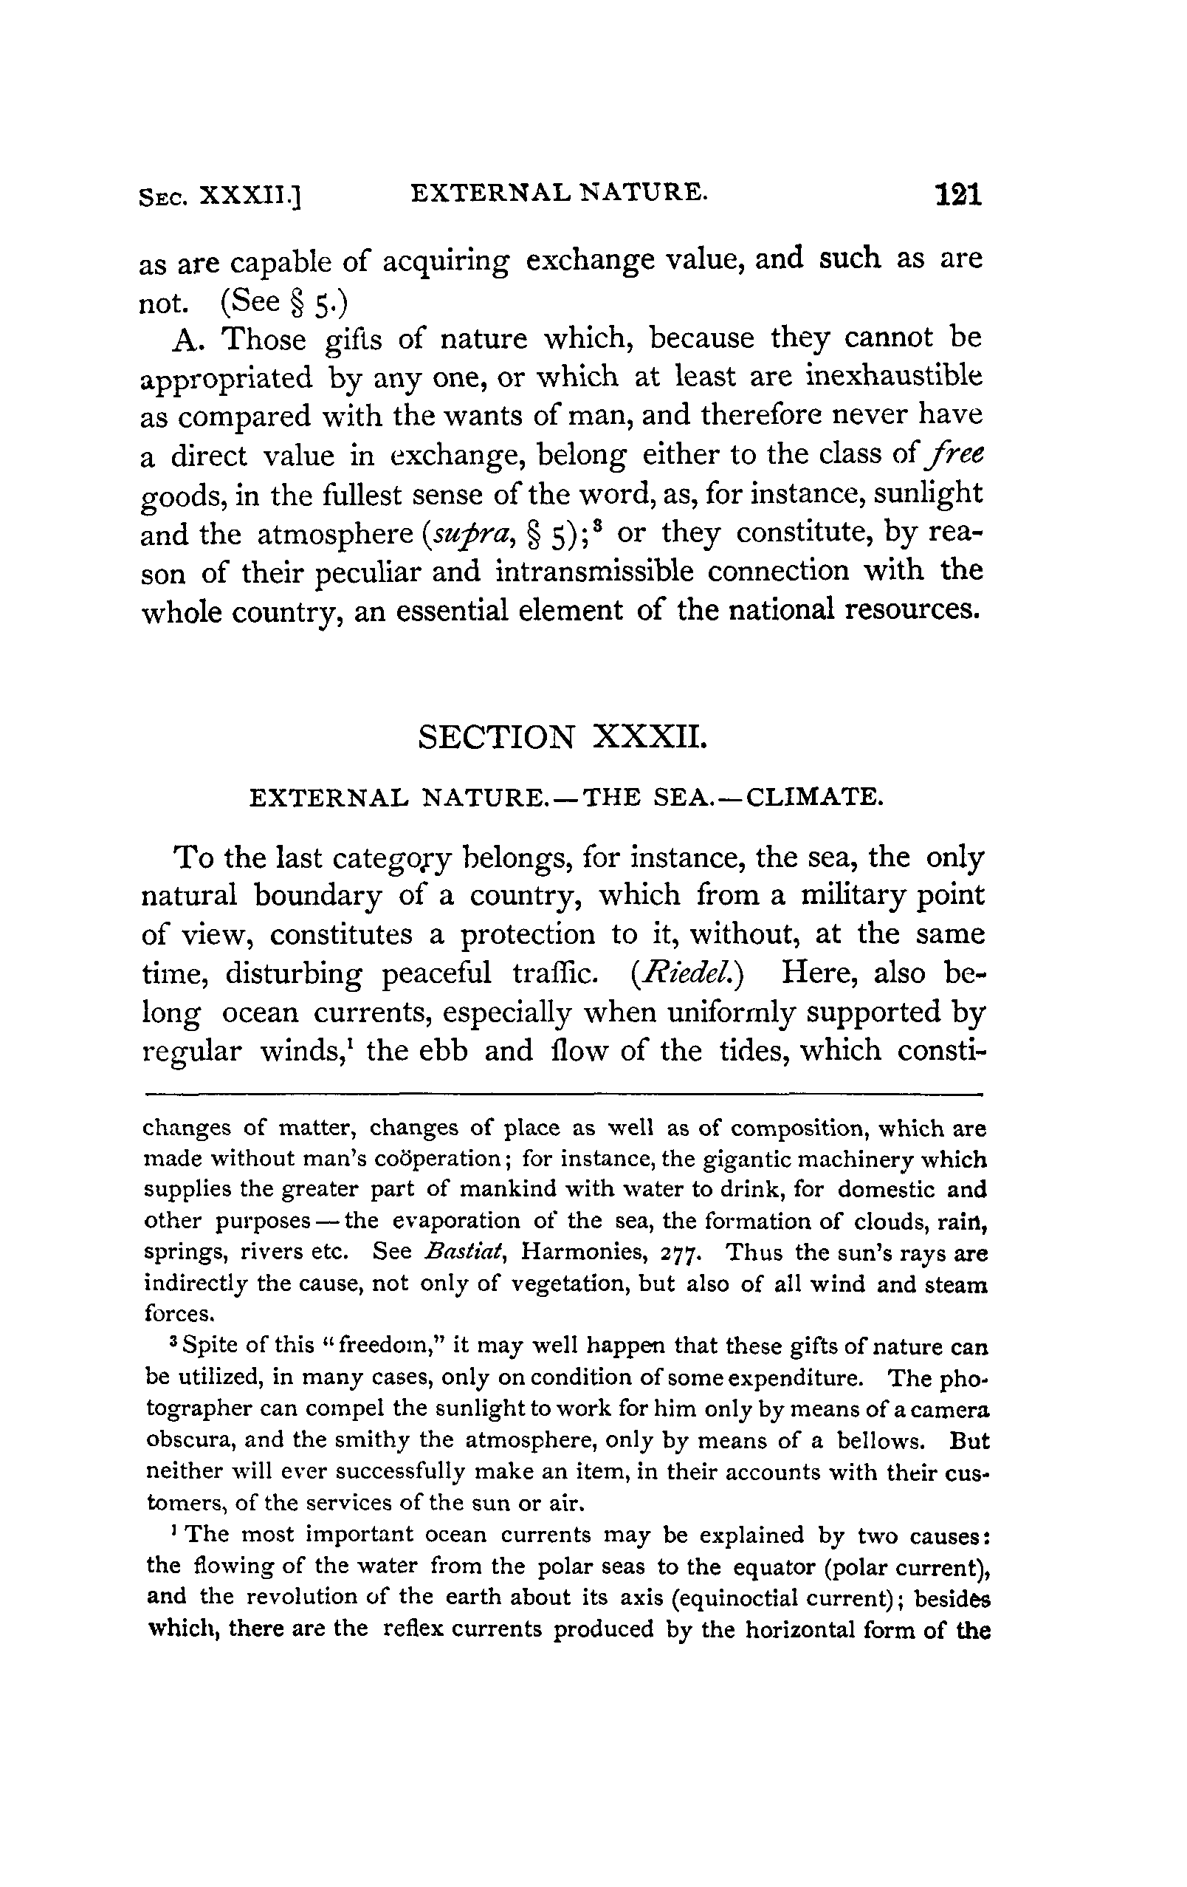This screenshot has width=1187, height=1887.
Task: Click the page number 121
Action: pyautogui.click(x=957, y=194)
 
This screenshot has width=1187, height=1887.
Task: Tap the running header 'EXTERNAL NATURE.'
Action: pyautogui.click(x=559, y=193)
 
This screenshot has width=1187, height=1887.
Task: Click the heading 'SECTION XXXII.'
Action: pyautogui.click(x=562, y=737)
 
